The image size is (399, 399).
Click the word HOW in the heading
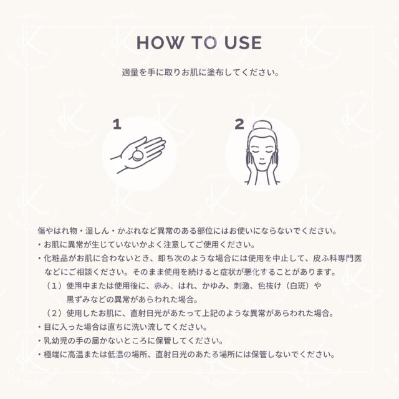tap(160, 42)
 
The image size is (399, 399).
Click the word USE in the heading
tap(243, 42)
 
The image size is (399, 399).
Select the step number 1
tap(117, 125)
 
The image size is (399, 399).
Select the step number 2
tap(239, 125)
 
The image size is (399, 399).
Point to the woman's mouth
tap(262, 163)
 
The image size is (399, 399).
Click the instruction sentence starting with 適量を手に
tap(200, 72)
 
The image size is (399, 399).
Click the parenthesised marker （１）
tap(54, 286)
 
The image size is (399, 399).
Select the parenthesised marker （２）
tap(54, 313)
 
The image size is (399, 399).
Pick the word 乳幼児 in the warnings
tap(55, 341)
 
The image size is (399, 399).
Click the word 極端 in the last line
tap(52, 355)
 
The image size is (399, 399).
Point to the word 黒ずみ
tap(79, 299)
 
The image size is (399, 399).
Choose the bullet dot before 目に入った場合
tap(39, 327)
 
